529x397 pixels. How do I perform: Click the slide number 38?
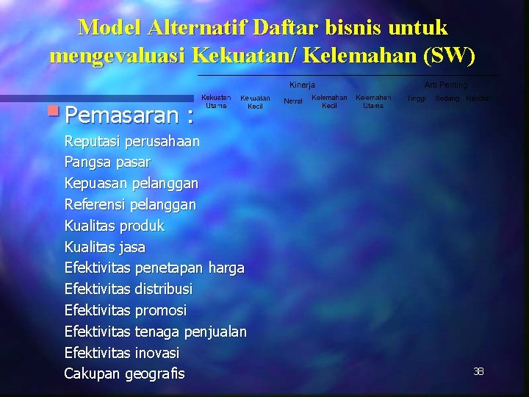tap(478, 372)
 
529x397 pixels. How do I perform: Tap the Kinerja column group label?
tap(302, 85)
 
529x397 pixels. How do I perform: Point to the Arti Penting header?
tap(445, 85)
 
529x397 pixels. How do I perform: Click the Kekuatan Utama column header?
tap(216, 101)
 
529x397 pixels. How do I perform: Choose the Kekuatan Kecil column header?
tap(255, 102)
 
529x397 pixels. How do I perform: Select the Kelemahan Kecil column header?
tap(329, 101)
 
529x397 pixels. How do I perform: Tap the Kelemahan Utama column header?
tap(373, 101)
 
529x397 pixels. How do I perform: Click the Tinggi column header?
tap(417, 99)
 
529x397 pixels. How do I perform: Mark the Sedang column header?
tap(447, 99)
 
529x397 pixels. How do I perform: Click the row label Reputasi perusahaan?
tap(132, 141)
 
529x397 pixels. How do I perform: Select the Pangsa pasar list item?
tap(107, 162)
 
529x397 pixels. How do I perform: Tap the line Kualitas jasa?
tap(105, 247)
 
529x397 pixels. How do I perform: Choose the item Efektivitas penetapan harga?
tap(154, 268)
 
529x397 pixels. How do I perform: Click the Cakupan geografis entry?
tap(124, 374)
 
